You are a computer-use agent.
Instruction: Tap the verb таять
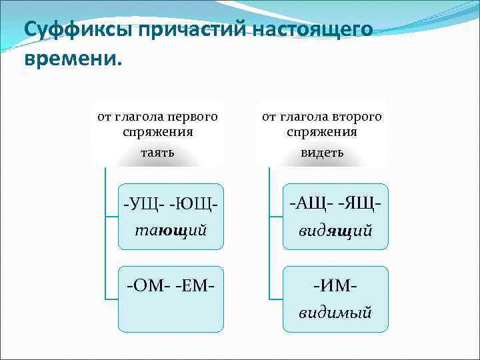158,153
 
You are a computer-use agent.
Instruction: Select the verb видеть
322,153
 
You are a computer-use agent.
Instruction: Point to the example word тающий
171,230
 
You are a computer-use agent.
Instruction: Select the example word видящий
335,230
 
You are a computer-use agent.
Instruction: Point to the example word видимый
335,313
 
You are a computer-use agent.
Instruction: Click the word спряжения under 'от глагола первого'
158,131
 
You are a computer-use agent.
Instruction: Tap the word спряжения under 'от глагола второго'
322,131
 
